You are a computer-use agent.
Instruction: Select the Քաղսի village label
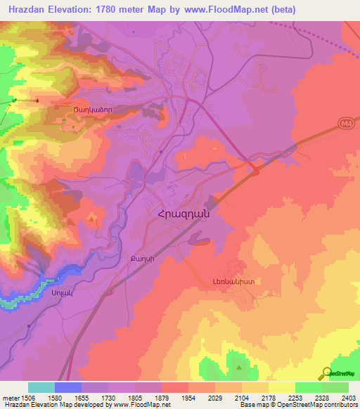pyautogui.click(x=138, y=258)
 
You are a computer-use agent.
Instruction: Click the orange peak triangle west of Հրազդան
pyautogui.click(x=93, y=221)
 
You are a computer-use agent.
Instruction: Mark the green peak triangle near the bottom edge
pyautogui.click(x=239, y=366)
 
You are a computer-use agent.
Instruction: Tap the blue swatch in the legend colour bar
pyautogui.click(x=68, y=387)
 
